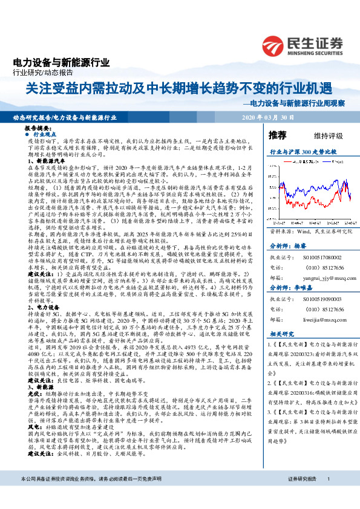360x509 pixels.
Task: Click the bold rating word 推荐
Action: [x=277, y=134]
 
